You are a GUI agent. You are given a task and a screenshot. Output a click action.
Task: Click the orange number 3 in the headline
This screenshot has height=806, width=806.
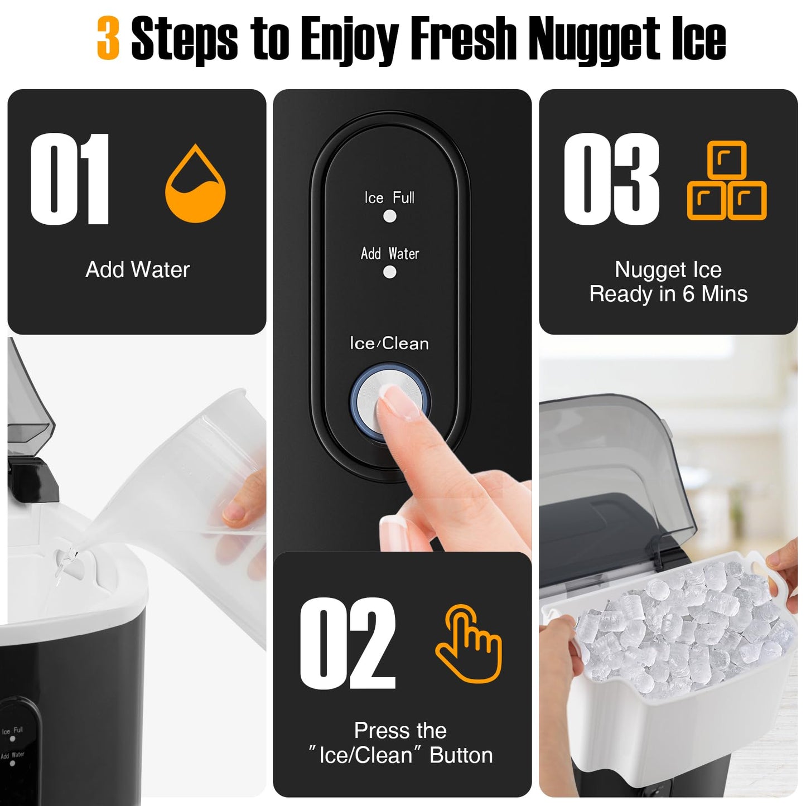[x=108, y=38]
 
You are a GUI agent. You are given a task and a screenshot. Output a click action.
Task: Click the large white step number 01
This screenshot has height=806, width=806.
[x=70, y=179]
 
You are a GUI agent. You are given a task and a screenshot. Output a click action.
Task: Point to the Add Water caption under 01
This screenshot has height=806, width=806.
[x=138, y=270]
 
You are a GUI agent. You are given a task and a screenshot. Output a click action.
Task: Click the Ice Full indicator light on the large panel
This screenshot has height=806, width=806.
[x=390, y=216]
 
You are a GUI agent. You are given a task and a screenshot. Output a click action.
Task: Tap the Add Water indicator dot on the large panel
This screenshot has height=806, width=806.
[x=390, y=272]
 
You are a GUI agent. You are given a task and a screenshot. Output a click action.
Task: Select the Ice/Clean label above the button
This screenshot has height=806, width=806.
[x=389, y=344]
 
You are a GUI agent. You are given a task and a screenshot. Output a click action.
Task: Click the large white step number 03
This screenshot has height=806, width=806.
[x=611, y=179]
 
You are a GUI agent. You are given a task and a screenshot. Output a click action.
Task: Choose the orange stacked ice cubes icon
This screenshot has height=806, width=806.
[x=727, y=181]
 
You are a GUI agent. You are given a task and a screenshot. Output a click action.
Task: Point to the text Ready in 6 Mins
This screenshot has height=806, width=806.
[x=668, y=294]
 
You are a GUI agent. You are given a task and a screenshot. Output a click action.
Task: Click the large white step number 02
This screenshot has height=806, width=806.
[x=348, y=643]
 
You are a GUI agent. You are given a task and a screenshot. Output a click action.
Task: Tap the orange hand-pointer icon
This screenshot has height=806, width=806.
[x=469, y=643]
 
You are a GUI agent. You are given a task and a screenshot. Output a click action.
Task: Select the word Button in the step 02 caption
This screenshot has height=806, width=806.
[x=461, y=755]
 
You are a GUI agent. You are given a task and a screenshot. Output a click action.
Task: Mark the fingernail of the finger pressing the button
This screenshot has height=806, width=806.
[x=400, y=402]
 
